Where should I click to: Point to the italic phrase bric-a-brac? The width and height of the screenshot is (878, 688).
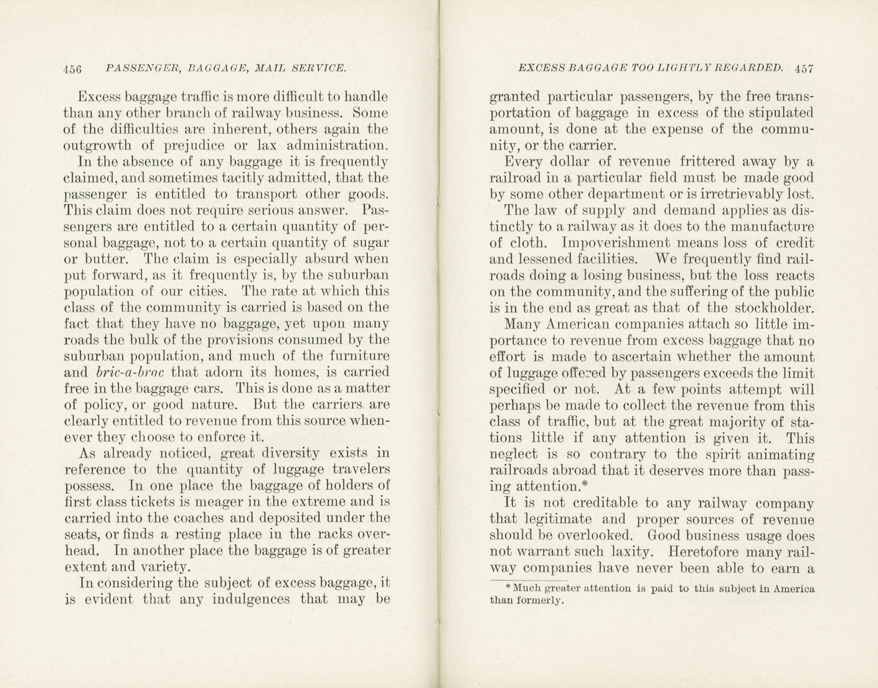point(131,372)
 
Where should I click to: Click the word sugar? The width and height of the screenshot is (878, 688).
point(371,242)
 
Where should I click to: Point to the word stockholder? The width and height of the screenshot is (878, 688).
point(774,308)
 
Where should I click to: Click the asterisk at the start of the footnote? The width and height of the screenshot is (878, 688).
point(508,587)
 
